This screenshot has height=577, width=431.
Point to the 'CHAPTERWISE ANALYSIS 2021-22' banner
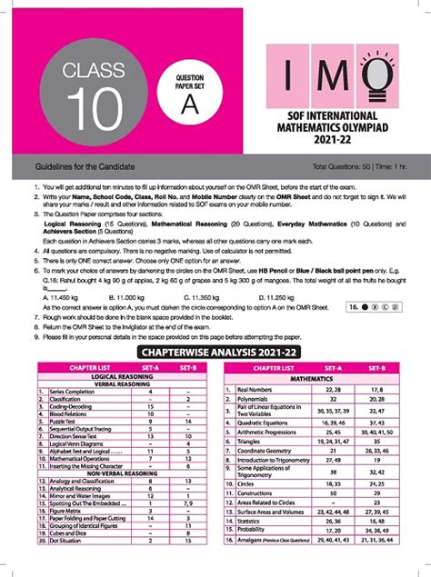[x=215, y=352]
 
